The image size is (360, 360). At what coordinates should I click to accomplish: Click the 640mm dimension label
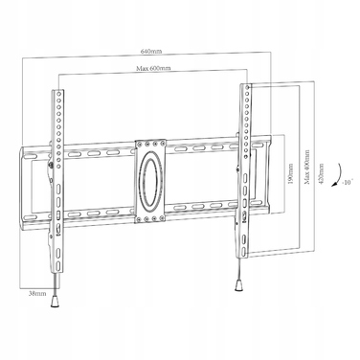click(151, 51)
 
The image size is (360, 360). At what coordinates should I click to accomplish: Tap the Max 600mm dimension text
click(153, 68)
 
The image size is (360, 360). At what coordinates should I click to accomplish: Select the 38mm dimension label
click(37, 293)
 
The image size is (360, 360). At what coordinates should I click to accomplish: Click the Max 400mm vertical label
click(307, 167)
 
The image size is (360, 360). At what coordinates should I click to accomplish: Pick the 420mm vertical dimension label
click(321, 173)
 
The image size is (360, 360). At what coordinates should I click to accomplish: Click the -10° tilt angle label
click(347, 183)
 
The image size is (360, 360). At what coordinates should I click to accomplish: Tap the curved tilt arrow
click(339, 175)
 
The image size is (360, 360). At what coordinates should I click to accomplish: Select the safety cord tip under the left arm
click(55, 301)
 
